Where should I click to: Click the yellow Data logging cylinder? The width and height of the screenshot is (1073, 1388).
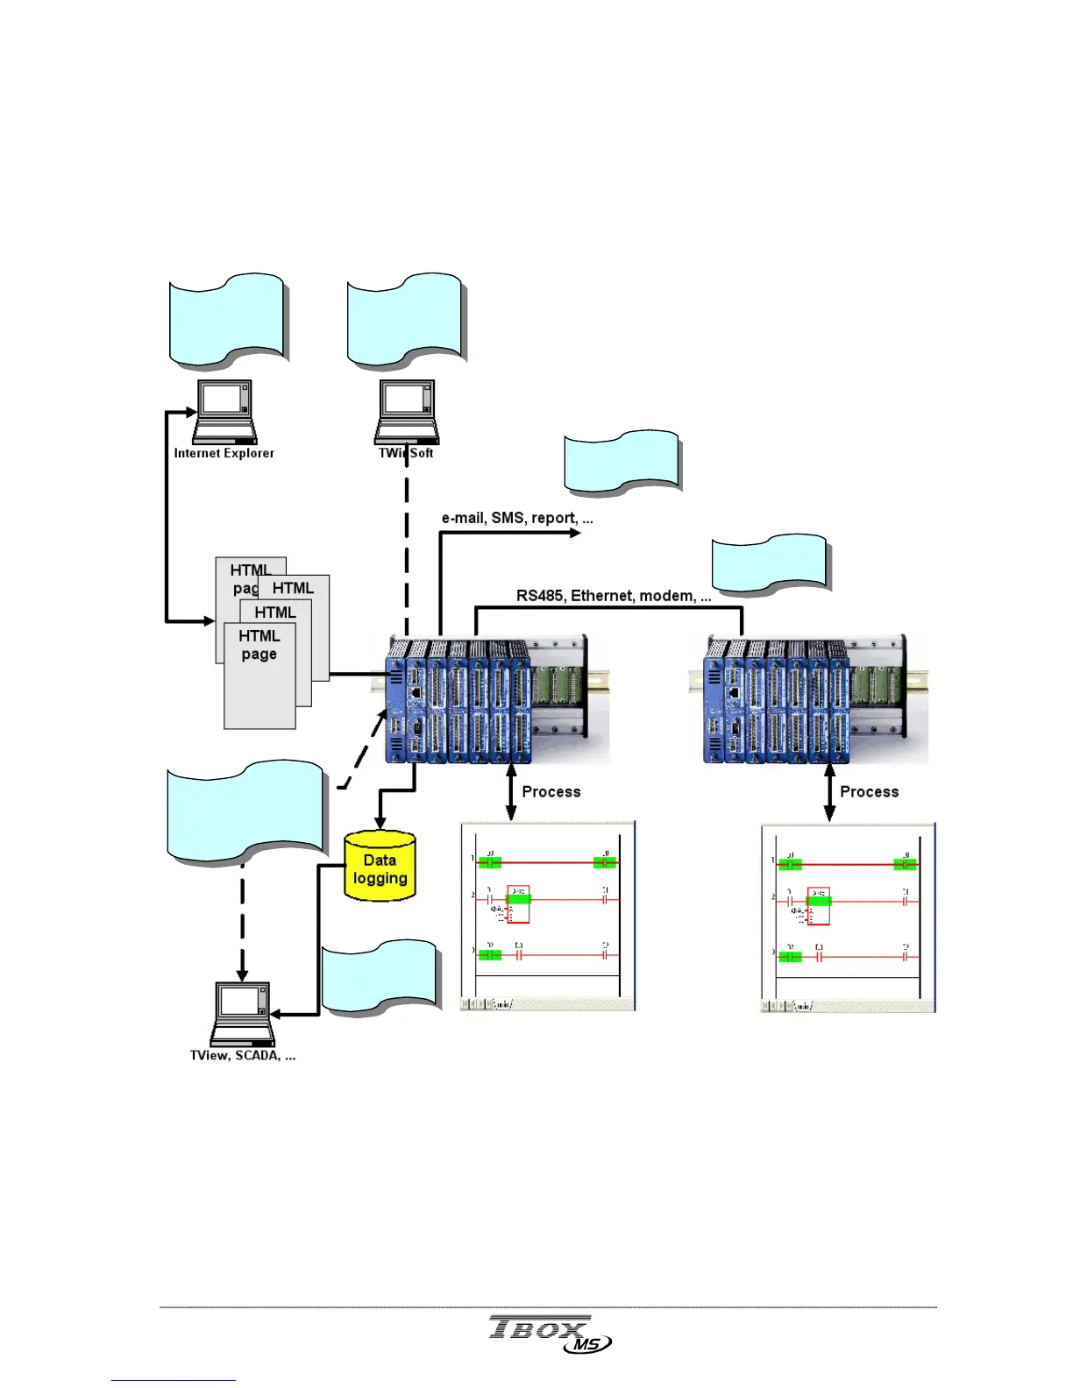[380, 867]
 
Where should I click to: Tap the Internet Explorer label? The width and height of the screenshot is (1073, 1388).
[224, 453]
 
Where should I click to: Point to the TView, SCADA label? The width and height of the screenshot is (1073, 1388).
[243, 1056]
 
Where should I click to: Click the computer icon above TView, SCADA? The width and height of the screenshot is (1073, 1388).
[243, 1014]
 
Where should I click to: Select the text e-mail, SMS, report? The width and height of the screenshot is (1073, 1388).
[517, 518]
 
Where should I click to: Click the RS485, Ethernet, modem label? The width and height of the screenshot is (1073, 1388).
[613, 596]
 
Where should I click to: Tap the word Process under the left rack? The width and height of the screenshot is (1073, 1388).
[551, 792]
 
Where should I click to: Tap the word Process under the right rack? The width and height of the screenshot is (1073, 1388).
[870, 792]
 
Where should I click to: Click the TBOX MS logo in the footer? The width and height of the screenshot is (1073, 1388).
[549, 1334]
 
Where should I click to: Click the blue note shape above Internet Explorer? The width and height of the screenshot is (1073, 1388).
[228, 320]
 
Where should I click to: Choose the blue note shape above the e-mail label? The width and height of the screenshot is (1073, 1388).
[622, 462]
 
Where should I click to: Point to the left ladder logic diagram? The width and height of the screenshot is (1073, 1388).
[547, 917]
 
